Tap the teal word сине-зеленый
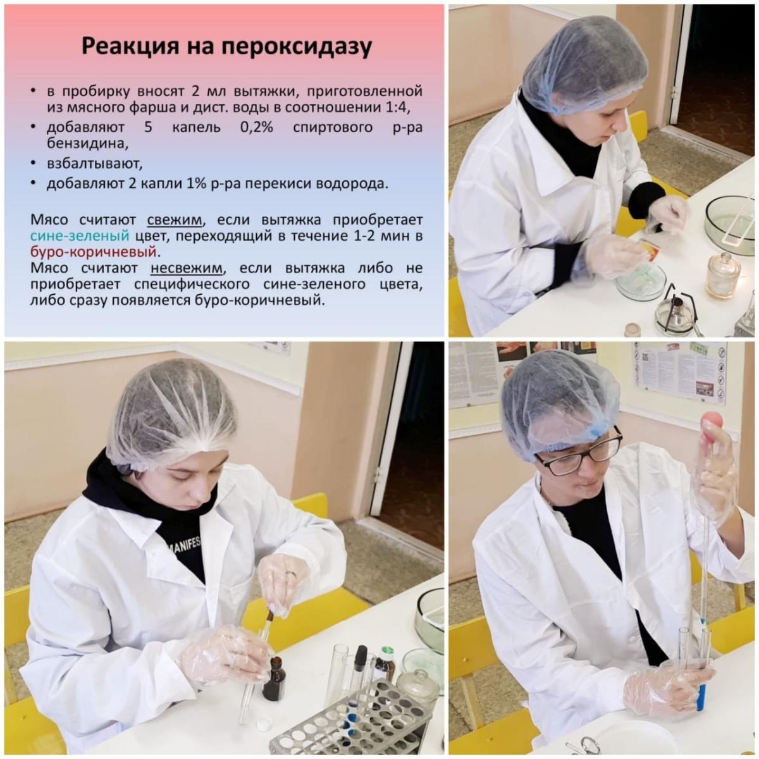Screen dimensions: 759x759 (80, 235)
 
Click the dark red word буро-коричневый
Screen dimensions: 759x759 (94, 251)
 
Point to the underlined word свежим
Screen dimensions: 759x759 (175, 219)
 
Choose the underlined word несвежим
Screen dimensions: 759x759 (187, 268)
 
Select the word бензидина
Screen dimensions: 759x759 (86, 144)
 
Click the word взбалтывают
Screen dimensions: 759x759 (94, 164)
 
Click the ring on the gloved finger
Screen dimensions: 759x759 (290, 574)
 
